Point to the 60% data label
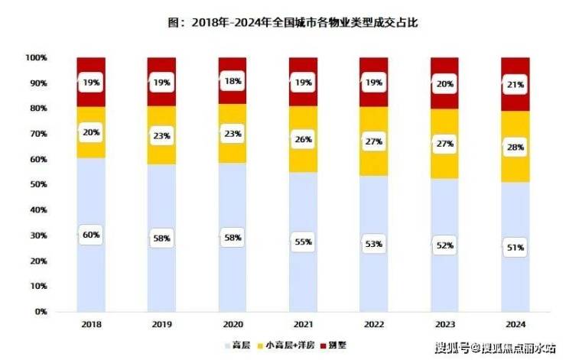tap(90, 235)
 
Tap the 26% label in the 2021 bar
tap(303, 141)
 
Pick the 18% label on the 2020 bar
tap(233, 80)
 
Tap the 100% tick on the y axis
tap(37, 57)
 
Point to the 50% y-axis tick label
tap(39, 184)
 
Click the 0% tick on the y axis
tap(41, 312)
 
